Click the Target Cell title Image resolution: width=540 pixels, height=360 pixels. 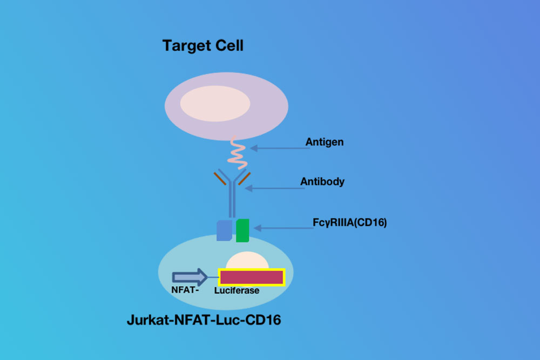click(x=203, y=46)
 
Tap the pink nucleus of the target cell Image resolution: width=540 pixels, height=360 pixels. click(x=215, y=104)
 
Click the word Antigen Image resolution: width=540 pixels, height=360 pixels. click(x=325, y=142)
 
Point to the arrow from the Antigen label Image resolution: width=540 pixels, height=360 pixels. click(x=280, y=148)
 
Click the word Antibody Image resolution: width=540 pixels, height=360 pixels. click(x=322, y=181)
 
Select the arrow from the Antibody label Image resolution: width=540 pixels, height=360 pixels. click(x=274, y=188)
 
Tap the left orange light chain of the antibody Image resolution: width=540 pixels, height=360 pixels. click(x=220, y=178)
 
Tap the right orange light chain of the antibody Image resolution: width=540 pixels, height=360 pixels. click(x=245, y=178)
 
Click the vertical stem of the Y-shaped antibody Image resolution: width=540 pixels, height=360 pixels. click(x=232, y=200)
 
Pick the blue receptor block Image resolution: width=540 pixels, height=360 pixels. click(x=224, y=230)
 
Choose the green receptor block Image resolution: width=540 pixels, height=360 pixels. click(x=242, y=230)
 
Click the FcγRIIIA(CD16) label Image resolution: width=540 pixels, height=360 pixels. click(x=349, y=223)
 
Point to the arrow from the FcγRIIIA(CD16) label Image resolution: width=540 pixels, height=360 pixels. click(x=284, y=228)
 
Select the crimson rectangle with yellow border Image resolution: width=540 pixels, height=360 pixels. click(x=252, y=277)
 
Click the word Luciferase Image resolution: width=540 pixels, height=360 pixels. click(x=237, y=291)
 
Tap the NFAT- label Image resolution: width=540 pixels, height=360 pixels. click(x=185, y=290)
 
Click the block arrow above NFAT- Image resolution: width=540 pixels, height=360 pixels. click(x=190, y=277)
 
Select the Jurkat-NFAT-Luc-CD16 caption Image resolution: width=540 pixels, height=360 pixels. click(x=204, y=320)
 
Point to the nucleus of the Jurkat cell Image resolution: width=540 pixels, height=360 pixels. click(x=247, y=260)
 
